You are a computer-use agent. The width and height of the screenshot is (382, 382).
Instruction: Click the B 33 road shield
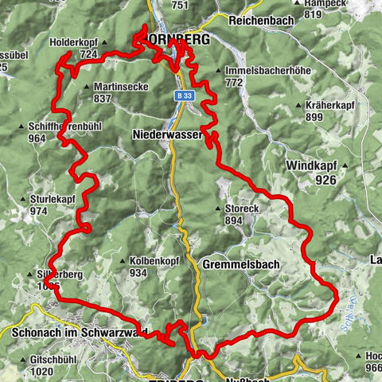point(185,95)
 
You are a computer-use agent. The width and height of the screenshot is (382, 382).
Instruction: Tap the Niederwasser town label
point(167,136)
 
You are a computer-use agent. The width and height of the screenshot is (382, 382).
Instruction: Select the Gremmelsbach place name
point(240,263)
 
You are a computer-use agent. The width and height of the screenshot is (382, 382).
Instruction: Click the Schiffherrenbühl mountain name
point(66,126)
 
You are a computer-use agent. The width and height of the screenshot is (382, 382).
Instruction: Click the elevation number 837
point(102,99)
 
